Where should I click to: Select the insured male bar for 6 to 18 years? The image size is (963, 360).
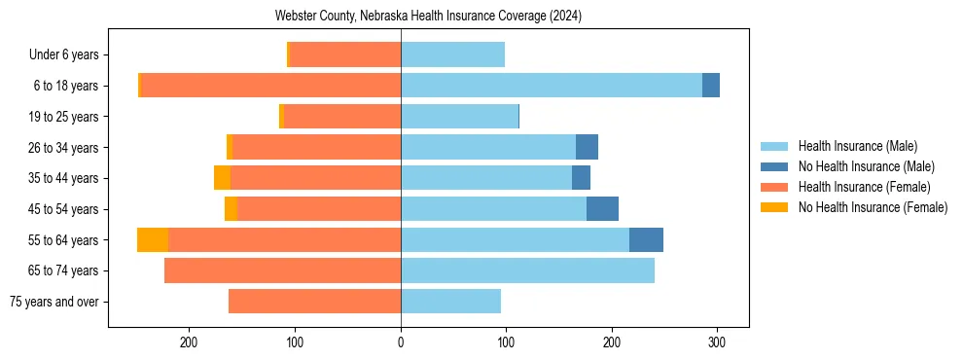tap(551, 86)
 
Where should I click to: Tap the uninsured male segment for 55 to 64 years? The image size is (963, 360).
tap(646, 240)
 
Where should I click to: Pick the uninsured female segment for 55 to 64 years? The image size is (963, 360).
tap(153, 240)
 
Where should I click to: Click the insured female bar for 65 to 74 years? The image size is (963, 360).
tap(282, 270)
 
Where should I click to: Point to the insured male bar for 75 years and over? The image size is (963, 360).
tap(450, 302)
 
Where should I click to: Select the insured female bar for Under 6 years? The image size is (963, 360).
tap(345, 54)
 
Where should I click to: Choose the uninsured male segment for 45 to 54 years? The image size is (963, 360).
tap(602, 209)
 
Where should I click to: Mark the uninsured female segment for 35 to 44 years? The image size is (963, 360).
tap(222, 178)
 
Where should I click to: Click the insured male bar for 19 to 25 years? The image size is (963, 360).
tap(459, 117)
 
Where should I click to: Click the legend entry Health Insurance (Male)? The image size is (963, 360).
tap(857, 146)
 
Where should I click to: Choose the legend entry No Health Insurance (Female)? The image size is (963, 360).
tap(873, 207)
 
